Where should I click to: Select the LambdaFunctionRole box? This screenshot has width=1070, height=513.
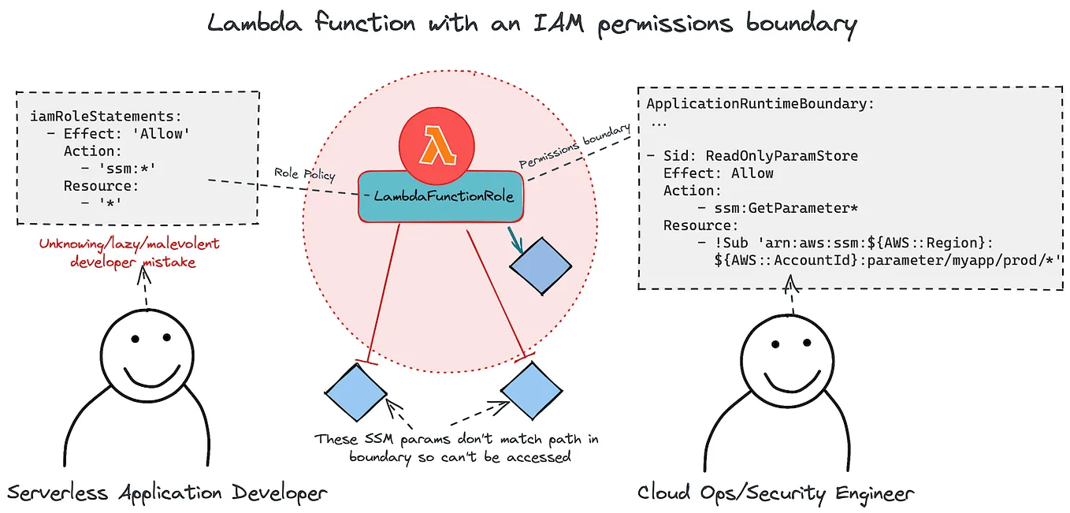point(443,195)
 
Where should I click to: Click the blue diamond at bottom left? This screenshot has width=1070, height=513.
point(356,392)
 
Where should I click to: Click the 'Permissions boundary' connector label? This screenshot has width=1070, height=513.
point(575,146)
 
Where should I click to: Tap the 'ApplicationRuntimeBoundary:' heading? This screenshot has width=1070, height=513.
point(760,104)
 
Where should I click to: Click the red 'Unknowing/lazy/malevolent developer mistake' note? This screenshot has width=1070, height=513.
point(129,253)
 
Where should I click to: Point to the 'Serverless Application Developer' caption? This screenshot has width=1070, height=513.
point(167,493)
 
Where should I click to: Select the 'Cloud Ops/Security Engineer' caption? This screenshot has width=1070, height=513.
point(775,493)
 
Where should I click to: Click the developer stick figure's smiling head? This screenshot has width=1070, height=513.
point(147,355)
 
